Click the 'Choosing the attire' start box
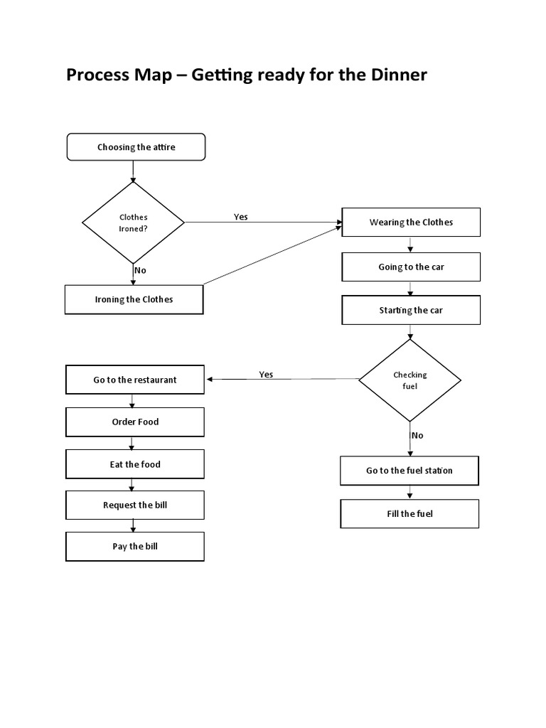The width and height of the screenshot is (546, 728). tap(136, 147)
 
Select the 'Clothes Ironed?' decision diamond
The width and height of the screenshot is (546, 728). tap(134, 223)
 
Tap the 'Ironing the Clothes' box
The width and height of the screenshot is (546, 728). tap(134, 299)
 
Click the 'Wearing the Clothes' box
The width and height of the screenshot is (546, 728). tap(411, 222)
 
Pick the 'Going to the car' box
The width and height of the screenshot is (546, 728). tap(411, 267)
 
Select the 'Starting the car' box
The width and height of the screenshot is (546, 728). tap(411, 310)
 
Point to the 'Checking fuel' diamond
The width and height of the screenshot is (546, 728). tap(409, 380)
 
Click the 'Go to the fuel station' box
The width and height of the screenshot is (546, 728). tap(409, 471)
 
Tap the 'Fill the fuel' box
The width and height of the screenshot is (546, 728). tap(409, 513)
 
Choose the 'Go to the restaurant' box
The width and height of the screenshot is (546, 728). tap(135, 380)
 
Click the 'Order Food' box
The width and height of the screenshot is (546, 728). tap(135, 422)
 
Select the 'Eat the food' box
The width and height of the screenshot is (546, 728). tap(135, 464)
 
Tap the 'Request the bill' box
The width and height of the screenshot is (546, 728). tap(135, 505)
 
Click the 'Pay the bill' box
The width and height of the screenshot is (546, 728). tap(135, 546)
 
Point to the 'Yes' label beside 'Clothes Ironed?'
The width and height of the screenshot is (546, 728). tap(241, 217)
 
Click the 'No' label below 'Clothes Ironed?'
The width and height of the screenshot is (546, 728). tap(140, 270)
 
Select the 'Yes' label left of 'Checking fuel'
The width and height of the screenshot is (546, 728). tap(266, 375)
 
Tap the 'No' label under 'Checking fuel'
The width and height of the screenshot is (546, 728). tap(417, 435)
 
